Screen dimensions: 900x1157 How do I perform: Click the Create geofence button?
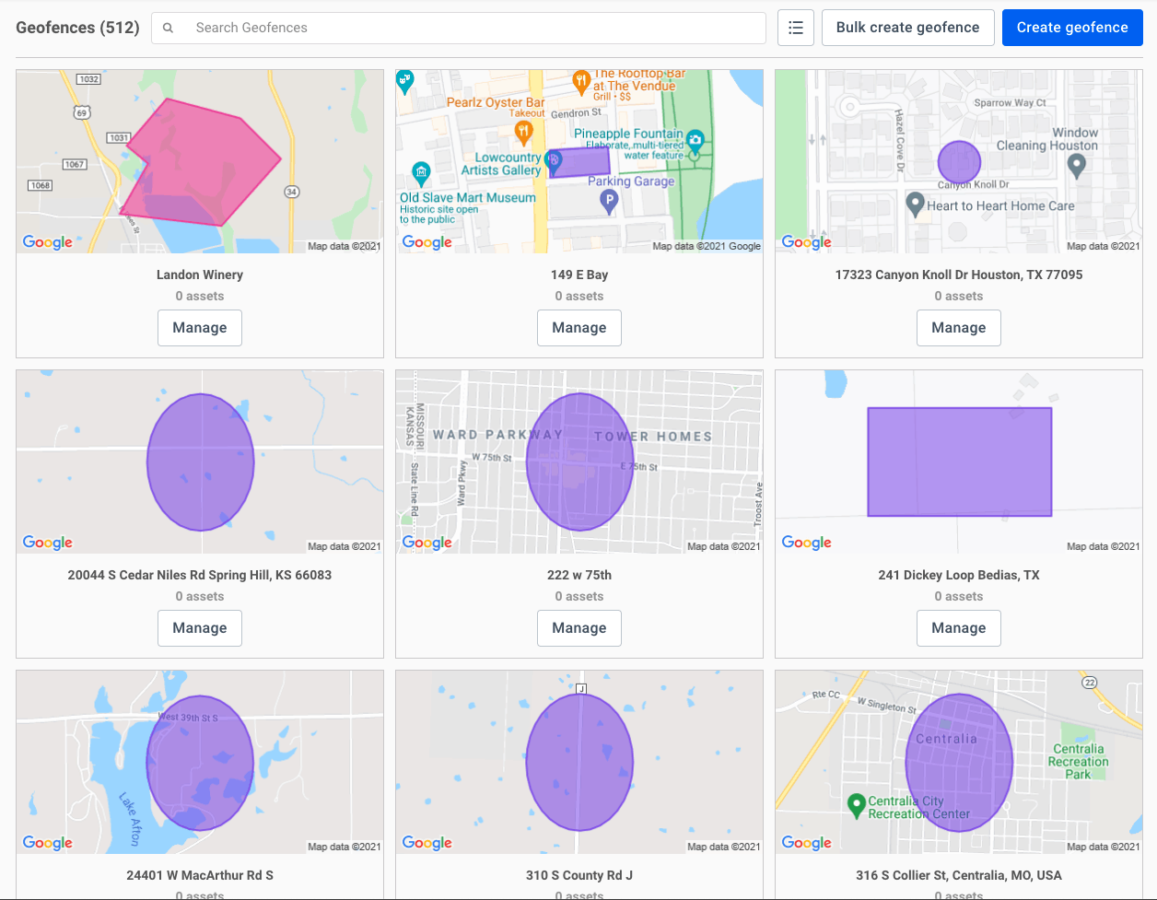1072,28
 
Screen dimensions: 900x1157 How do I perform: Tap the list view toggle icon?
796,28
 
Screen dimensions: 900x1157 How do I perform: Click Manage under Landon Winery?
200,328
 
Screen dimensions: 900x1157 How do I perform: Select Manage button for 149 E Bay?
579,328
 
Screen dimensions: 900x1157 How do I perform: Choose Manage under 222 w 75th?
579,628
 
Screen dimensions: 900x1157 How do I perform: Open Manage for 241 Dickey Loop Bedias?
959,628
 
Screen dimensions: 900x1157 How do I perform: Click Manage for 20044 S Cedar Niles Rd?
200,628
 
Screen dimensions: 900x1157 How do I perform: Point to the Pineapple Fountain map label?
628,134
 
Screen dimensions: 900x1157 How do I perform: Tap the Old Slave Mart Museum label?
467,198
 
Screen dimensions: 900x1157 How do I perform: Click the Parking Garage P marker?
609,200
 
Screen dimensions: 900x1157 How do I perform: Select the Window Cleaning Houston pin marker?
1076,165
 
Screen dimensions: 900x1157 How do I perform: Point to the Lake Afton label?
130,819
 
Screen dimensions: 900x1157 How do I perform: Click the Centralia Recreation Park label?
1078,762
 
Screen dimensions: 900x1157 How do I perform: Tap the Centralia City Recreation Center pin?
856,804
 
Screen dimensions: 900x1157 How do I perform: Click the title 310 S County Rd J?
579,875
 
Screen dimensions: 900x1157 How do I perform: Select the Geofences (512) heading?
77,28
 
